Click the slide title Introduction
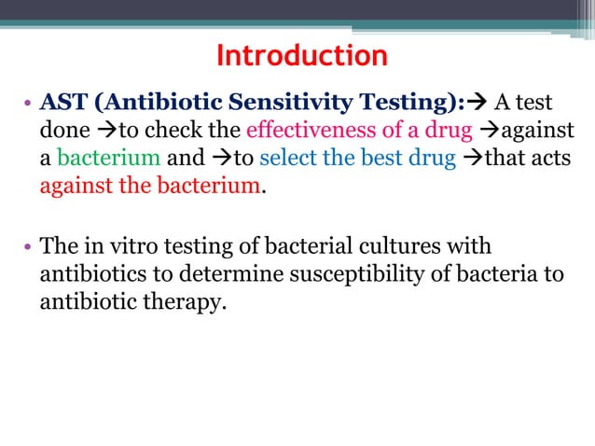point(301,56)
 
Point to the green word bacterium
point(109,156)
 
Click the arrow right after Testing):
point(478,102)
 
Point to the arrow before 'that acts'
point(473,156)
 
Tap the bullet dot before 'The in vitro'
point(29,247)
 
